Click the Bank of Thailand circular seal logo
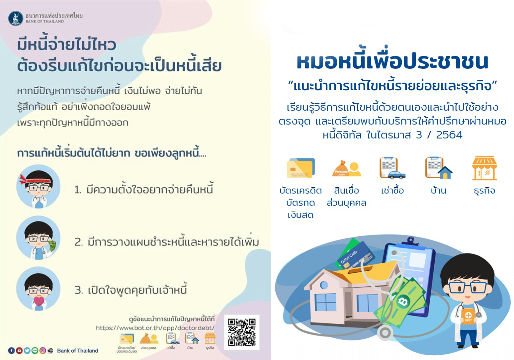16,18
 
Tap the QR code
242,332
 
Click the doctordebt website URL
155,328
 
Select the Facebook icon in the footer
12,351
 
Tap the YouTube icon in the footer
19,351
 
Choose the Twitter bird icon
27,351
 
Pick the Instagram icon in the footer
43,351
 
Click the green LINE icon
35,351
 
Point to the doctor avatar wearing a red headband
38,186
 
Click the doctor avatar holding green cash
38,237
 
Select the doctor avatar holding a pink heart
38,289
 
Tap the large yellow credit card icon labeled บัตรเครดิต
300,168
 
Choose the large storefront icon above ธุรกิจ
484,168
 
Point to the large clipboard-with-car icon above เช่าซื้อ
392,168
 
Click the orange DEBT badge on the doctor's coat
468,316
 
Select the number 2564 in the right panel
449,135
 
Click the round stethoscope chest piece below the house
385,333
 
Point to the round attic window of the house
324,285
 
